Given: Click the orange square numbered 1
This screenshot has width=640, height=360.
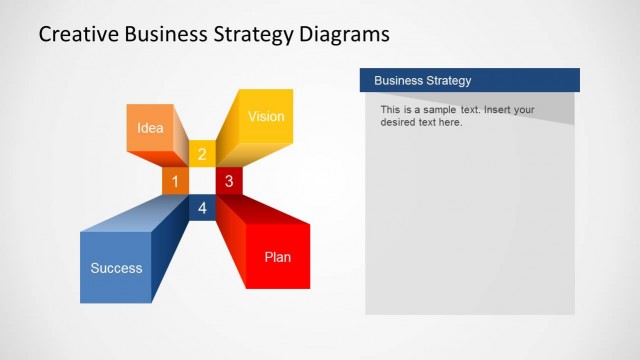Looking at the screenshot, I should [x=175, y=181].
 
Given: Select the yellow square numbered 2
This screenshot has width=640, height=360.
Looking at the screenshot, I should [x=202, y=154].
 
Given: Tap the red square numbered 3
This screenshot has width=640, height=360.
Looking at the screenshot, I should [x=229, y=181].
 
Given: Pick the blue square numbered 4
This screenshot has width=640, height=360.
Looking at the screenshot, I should [x=202, y=208].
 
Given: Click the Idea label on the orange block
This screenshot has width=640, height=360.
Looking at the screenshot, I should [x=150, y=128].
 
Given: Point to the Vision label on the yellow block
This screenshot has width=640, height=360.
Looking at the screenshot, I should [x=266, y=117].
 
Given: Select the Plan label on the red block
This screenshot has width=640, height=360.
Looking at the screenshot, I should [x=278, y=257].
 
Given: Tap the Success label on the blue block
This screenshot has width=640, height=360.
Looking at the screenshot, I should [x=116, y=268].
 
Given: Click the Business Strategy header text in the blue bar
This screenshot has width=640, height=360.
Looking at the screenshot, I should [x=422, y=80].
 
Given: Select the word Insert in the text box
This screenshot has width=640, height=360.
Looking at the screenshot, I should [x=499, y=109].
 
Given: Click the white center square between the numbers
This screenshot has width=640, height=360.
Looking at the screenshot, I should [x=202, y=181].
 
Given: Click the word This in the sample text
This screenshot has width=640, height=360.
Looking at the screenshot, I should [x=390, y=109].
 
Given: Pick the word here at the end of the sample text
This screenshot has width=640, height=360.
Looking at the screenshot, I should [x=451, y=122].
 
